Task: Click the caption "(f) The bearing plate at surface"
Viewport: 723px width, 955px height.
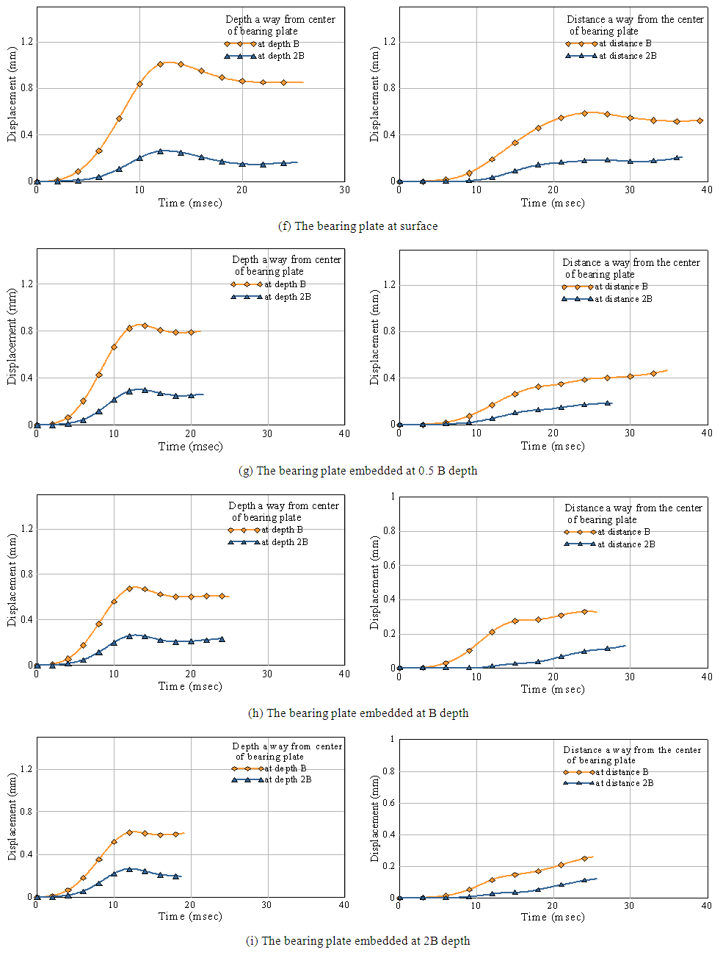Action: (357, 226)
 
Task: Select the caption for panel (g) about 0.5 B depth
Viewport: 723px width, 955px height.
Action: (357, 471)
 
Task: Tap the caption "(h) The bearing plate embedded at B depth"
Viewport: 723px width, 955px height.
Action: (358, 713)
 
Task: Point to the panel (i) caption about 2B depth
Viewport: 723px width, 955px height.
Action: (357, 941)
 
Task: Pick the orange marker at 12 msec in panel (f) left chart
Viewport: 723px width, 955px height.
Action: (160, 64)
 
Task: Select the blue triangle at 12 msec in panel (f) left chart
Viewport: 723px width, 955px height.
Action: (160, 151)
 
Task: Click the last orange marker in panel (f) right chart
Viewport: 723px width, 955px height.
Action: (700, 120)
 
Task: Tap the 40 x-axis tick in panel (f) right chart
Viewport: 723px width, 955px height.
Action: (706, 190)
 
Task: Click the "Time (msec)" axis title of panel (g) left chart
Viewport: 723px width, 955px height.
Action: (190, 447)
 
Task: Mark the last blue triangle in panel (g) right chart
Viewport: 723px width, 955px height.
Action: (607, 403)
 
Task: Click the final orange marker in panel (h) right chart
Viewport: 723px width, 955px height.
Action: (584, 611)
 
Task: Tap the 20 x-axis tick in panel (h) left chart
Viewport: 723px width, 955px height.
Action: (190, 674)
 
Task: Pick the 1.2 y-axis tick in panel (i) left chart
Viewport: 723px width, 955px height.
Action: (27, 769)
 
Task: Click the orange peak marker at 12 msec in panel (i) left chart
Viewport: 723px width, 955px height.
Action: (129, 832)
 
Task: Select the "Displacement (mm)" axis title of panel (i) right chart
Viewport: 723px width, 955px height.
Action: (375, 818)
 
